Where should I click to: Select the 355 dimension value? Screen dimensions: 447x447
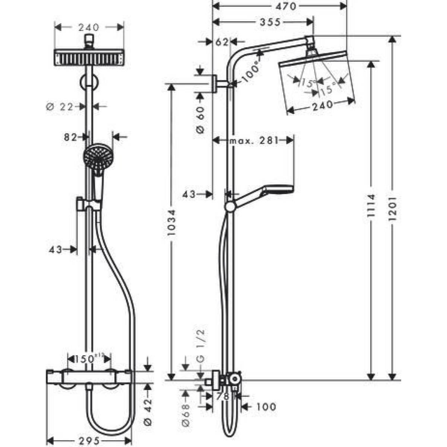click(x=270, y=22)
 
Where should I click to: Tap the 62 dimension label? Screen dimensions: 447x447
click(x=222, y=42)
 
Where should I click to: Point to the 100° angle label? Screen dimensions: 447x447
click(x=251, y=73)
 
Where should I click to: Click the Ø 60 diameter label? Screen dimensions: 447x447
click(x=200, y=120)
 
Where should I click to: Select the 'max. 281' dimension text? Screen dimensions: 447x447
click(x=253, y=140)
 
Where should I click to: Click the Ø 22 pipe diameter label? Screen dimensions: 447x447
click(x=60, y=107)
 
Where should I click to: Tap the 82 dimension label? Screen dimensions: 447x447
click(x=70, y=137)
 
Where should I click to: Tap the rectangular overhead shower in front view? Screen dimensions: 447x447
click(x=89, y=57)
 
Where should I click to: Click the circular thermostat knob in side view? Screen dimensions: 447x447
click(x=235, y=380)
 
